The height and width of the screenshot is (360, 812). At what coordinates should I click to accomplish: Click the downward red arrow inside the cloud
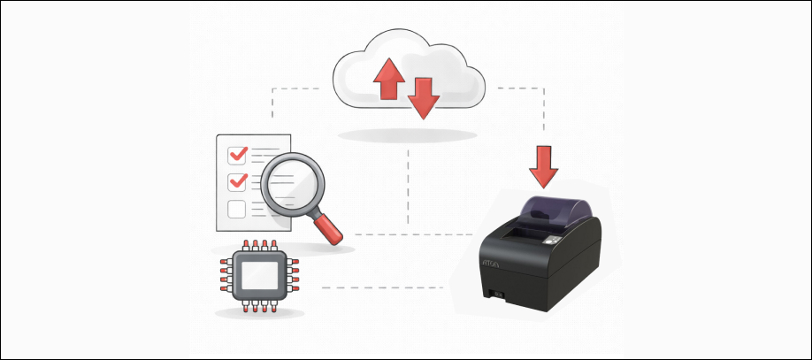tap(424, 96)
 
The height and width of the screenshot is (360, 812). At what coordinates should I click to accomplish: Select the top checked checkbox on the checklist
tap(237, 155)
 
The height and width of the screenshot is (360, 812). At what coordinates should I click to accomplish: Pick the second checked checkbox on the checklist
tap(237, 182)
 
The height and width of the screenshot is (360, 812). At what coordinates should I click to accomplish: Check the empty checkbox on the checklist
tap(237, 209)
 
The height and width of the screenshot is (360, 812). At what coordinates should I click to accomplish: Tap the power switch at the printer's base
tap(497, 295)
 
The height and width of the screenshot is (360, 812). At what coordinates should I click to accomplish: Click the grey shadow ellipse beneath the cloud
tap(408, 135)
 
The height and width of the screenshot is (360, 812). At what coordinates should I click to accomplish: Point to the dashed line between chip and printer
tap(380, 287)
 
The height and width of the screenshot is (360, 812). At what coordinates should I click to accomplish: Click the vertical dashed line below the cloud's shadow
tap(408, 186)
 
